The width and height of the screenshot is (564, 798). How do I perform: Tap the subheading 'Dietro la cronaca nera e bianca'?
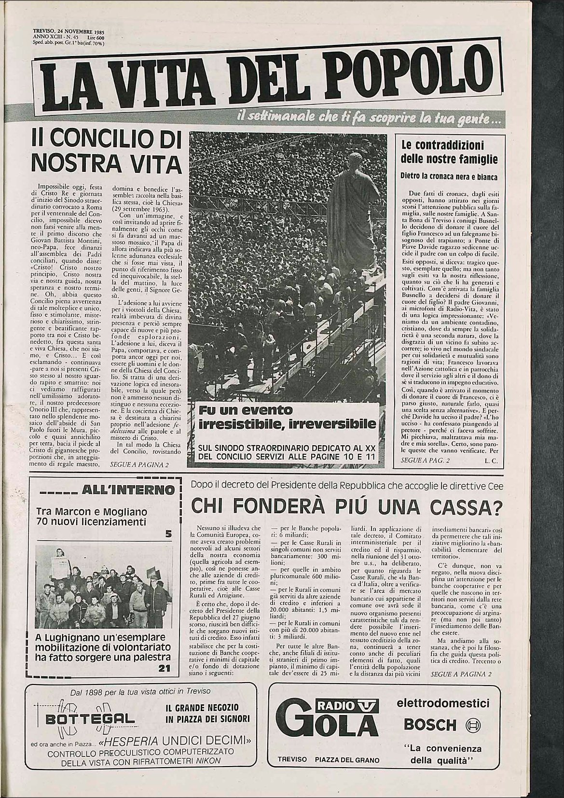449,176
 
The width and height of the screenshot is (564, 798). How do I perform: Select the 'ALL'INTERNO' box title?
128,490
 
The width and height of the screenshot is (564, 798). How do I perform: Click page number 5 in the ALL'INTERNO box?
168,534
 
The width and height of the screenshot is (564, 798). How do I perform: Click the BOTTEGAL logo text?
85,719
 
